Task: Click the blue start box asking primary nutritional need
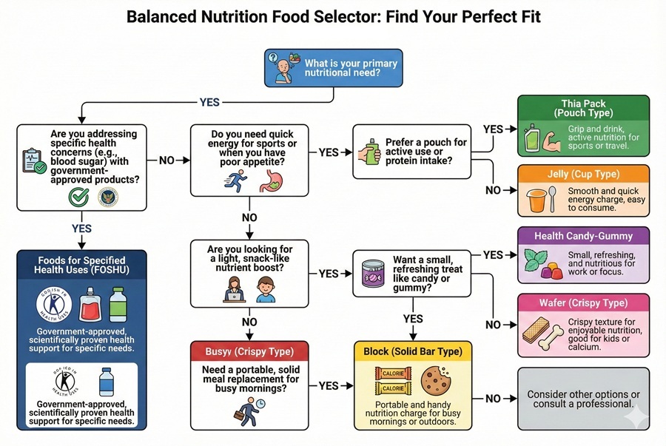332,69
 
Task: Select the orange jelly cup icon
539,199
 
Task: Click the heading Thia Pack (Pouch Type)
584,107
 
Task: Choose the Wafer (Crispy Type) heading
583,304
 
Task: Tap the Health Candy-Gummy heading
584,236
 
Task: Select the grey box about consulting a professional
583,399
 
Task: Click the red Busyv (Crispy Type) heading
249,351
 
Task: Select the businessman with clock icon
249,409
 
